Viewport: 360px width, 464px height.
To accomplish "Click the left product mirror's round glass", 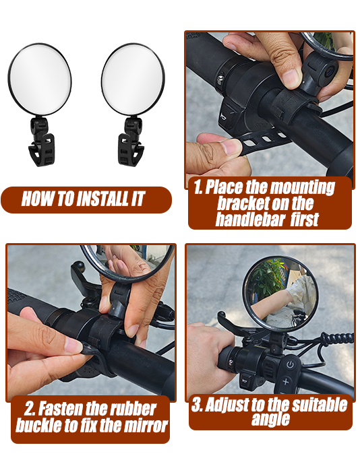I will (x=39, y=79).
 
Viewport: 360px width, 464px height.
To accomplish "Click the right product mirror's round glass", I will (x=133, y=79).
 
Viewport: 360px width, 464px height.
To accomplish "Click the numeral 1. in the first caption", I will (x=198, y=187).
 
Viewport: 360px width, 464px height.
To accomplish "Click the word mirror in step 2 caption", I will (x=143, y=426).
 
